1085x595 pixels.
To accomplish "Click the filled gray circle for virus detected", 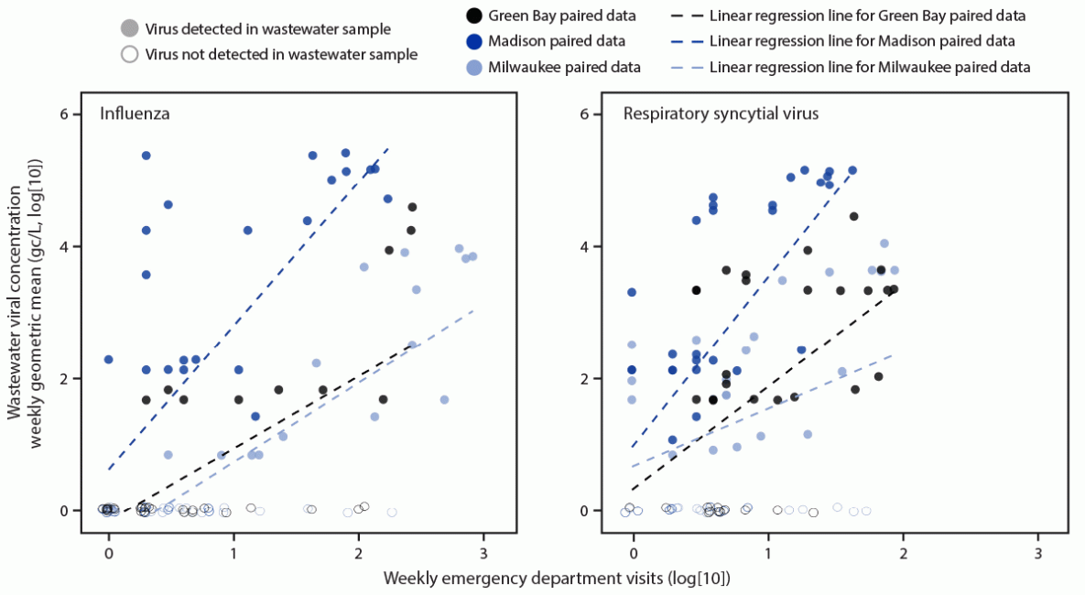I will [x=129, y=29].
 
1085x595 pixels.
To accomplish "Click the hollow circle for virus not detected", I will [x=129, y=54].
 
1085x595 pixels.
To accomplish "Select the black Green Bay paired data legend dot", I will [x=473, y=16].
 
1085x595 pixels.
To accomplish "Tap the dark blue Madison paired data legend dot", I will [x=473, y=41].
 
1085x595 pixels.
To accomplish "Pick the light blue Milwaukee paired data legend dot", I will [x=473, y=67].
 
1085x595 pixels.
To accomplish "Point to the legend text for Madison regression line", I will [x=862, y=41].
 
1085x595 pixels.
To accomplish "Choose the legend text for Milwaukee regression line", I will [x=870, y=67].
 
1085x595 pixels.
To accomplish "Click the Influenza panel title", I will [x=135, y=114].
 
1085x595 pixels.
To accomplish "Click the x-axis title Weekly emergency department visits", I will [x=557, y=579].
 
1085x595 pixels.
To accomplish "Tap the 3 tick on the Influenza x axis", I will [x=483, y=553].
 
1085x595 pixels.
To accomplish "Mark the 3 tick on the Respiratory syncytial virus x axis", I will [x=1037, y=553].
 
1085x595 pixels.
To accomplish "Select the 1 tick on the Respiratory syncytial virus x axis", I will [x=767, y=553].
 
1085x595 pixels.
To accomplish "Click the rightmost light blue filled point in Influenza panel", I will [x=472, y=256].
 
